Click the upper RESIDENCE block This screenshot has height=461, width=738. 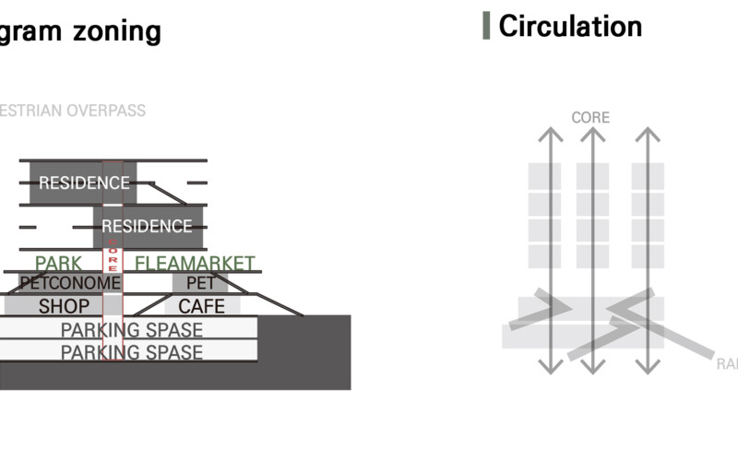pos(83,183)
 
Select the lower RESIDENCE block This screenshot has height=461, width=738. pos(147,226)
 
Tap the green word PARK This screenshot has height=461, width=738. pos(58,264)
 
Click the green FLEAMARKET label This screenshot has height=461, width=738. pos(195,264)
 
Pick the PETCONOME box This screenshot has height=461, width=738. pos(70,283)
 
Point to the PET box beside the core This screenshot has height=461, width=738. pos(200,283)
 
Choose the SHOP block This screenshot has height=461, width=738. pos(64,306)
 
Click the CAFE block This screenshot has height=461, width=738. pos(202,306)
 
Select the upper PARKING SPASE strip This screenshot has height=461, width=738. pos(131,329)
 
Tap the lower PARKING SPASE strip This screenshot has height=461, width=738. pos(131,351)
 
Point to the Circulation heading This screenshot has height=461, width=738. pos(570,26)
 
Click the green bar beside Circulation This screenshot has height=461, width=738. pos(486,26)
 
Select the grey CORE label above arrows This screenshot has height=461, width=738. pos(590,118)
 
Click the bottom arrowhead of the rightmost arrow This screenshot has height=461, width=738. pos(648,368)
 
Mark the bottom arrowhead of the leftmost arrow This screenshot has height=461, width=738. pos(551,368)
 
